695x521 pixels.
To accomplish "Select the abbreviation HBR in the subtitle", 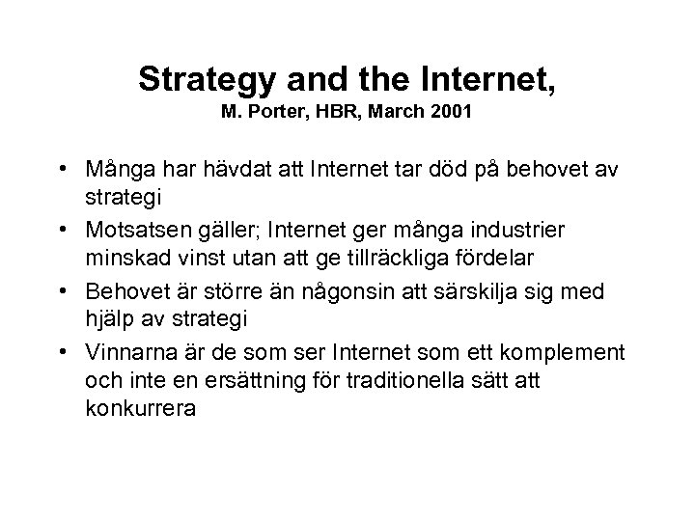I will pos(339,112).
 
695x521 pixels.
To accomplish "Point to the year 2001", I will pos(451,112).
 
